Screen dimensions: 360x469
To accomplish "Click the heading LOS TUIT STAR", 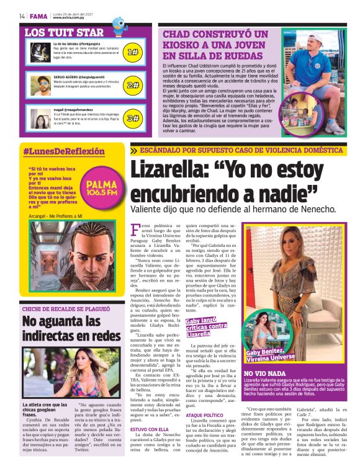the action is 64,32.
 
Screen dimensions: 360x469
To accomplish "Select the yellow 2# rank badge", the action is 132,85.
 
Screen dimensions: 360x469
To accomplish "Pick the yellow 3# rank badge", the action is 132,117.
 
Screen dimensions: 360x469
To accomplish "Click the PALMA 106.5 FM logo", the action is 102,187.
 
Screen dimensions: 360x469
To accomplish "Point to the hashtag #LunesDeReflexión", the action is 64,151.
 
